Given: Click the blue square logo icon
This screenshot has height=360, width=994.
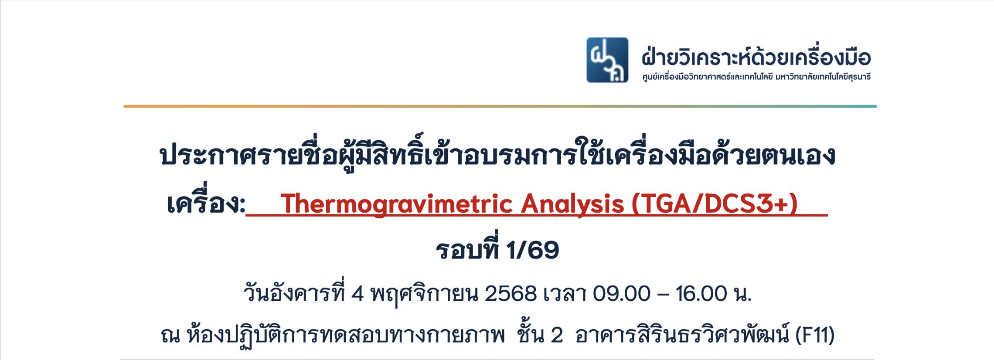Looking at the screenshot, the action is (607, 60).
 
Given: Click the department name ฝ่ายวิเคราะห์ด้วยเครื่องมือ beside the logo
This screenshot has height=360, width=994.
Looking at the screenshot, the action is (756, 58).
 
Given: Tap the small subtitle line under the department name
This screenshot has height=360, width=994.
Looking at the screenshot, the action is (756, 77).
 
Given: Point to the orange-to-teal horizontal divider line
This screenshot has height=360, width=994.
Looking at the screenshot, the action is (500, 106).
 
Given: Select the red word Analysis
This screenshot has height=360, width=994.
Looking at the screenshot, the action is (572, 204).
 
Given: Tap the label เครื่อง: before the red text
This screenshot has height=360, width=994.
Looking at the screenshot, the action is (206, 203).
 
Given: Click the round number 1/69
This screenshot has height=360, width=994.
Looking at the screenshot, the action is (532, 250).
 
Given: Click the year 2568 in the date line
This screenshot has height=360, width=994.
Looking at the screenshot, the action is (511, 294).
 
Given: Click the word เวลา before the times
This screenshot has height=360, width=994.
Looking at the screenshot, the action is (564, 294).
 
